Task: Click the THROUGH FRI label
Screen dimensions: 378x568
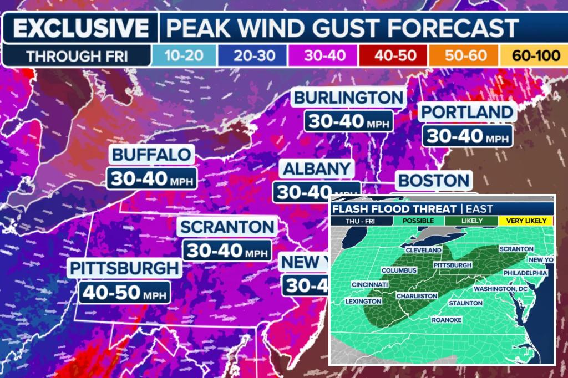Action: [77, 56]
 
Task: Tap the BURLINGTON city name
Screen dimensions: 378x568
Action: [348, 98]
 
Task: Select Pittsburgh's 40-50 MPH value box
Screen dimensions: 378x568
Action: [123, 292]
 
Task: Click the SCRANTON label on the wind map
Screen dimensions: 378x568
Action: [227, 227]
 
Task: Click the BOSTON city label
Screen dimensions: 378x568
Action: [434, 181]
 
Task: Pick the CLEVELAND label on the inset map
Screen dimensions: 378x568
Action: [423, 250]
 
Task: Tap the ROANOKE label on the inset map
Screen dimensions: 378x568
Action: [447, 320]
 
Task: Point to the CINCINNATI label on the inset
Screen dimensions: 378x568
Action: [369, 284]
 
